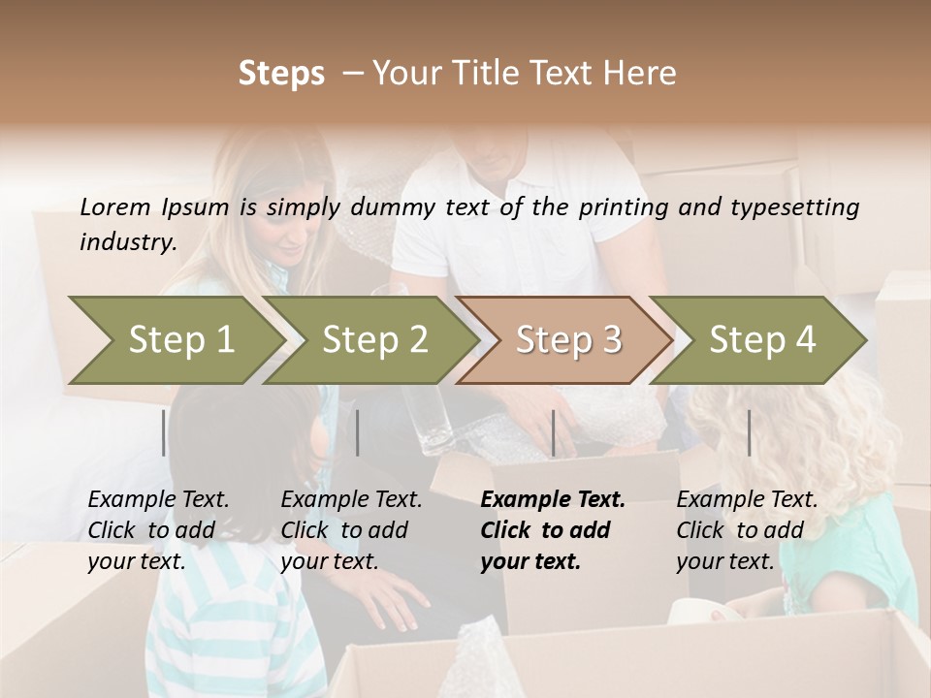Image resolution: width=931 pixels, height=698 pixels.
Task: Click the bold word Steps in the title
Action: click(x=281, y=74)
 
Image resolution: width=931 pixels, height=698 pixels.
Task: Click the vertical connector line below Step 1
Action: click(x=164, y=432)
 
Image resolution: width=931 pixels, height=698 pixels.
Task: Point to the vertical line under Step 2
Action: click(x=358, y=432)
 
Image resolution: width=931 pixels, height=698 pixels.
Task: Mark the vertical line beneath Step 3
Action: click(x=553, y=432)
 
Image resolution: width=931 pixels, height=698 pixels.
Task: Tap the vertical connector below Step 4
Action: click(x=749, y=432)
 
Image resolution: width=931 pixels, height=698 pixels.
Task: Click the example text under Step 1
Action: click(x=158, y=530)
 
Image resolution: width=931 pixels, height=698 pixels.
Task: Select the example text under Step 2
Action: click(x=351, y=530)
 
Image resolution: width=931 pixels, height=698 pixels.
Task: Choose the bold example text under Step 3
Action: click(x=553, y=530)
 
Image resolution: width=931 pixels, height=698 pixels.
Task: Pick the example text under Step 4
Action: click(x=747, y=530)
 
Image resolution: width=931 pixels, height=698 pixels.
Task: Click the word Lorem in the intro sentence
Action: click(x=115, y=207)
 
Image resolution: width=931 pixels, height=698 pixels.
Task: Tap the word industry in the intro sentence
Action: click(x=127, y=242)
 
